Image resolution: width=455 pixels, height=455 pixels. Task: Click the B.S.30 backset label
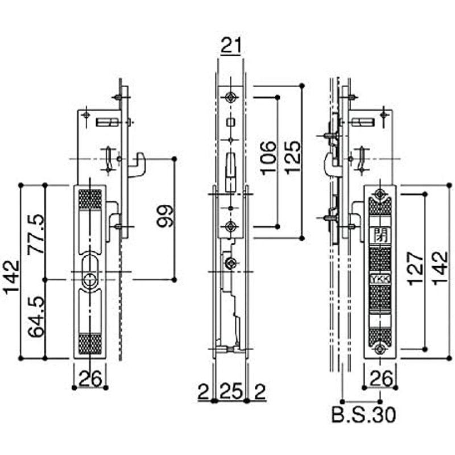[x=363, y=415]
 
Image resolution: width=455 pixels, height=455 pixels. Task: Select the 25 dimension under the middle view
[x=230, y=391]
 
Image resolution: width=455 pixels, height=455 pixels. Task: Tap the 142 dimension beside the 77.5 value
[x=11, y=277]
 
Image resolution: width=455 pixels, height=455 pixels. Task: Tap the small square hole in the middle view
[x=230, y=122]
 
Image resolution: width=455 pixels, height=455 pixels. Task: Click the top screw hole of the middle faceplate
[x=230, y=97]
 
